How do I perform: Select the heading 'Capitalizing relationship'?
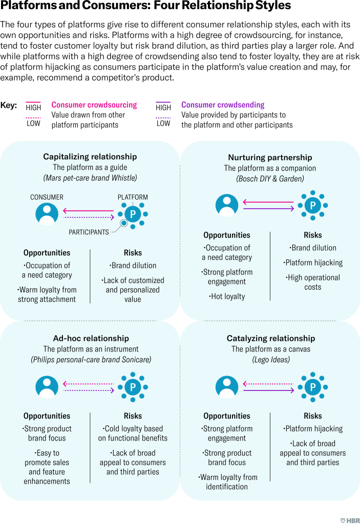pyautogui.click(x=90, y=157)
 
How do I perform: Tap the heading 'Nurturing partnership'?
pyautogui.click(x=270, y=157)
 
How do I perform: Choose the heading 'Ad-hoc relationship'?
pyautogui.click(x=91, y=338)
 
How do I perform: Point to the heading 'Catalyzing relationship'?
pyautogui.click(x=270, y=338)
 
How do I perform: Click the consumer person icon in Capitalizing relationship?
pyautogui.click(x=47, y=214)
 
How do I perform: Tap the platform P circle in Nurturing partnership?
pyautogui.click(x=312, y=205)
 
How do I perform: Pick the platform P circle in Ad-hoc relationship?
pyautogui.click(x=133, y=386)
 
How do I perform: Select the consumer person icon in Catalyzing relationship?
pyautogui.click(x=227, y=386)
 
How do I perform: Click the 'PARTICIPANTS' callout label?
pyautogui.click(x=89, y=232)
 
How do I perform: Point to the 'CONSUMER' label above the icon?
pyautogui.click(x=47, y=197)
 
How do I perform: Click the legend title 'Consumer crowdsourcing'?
pyautogui.click(x=94, y=105)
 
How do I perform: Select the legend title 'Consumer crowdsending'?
pyautogui.click(x=223, y=105)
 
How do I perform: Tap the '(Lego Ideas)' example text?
pyautogui.click(x=270, y=360)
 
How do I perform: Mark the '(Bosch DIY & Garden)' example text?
pyautogui.click(x=270, y=179)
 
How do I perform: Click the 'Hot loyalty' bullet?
pyautogui.click(x=227, y=296)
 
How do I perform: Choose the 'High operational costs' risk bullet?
pyautogui.click(x=313, y=282)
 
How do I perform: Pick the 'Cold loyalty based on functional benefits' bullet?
pyautogui.click(x=133, y=433)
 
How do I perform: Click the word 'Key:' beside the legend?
pyautogui.click(x=9, y=105)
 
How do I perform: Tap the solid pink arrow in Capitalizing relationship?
pyautogui.click(x=88, y=210)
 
